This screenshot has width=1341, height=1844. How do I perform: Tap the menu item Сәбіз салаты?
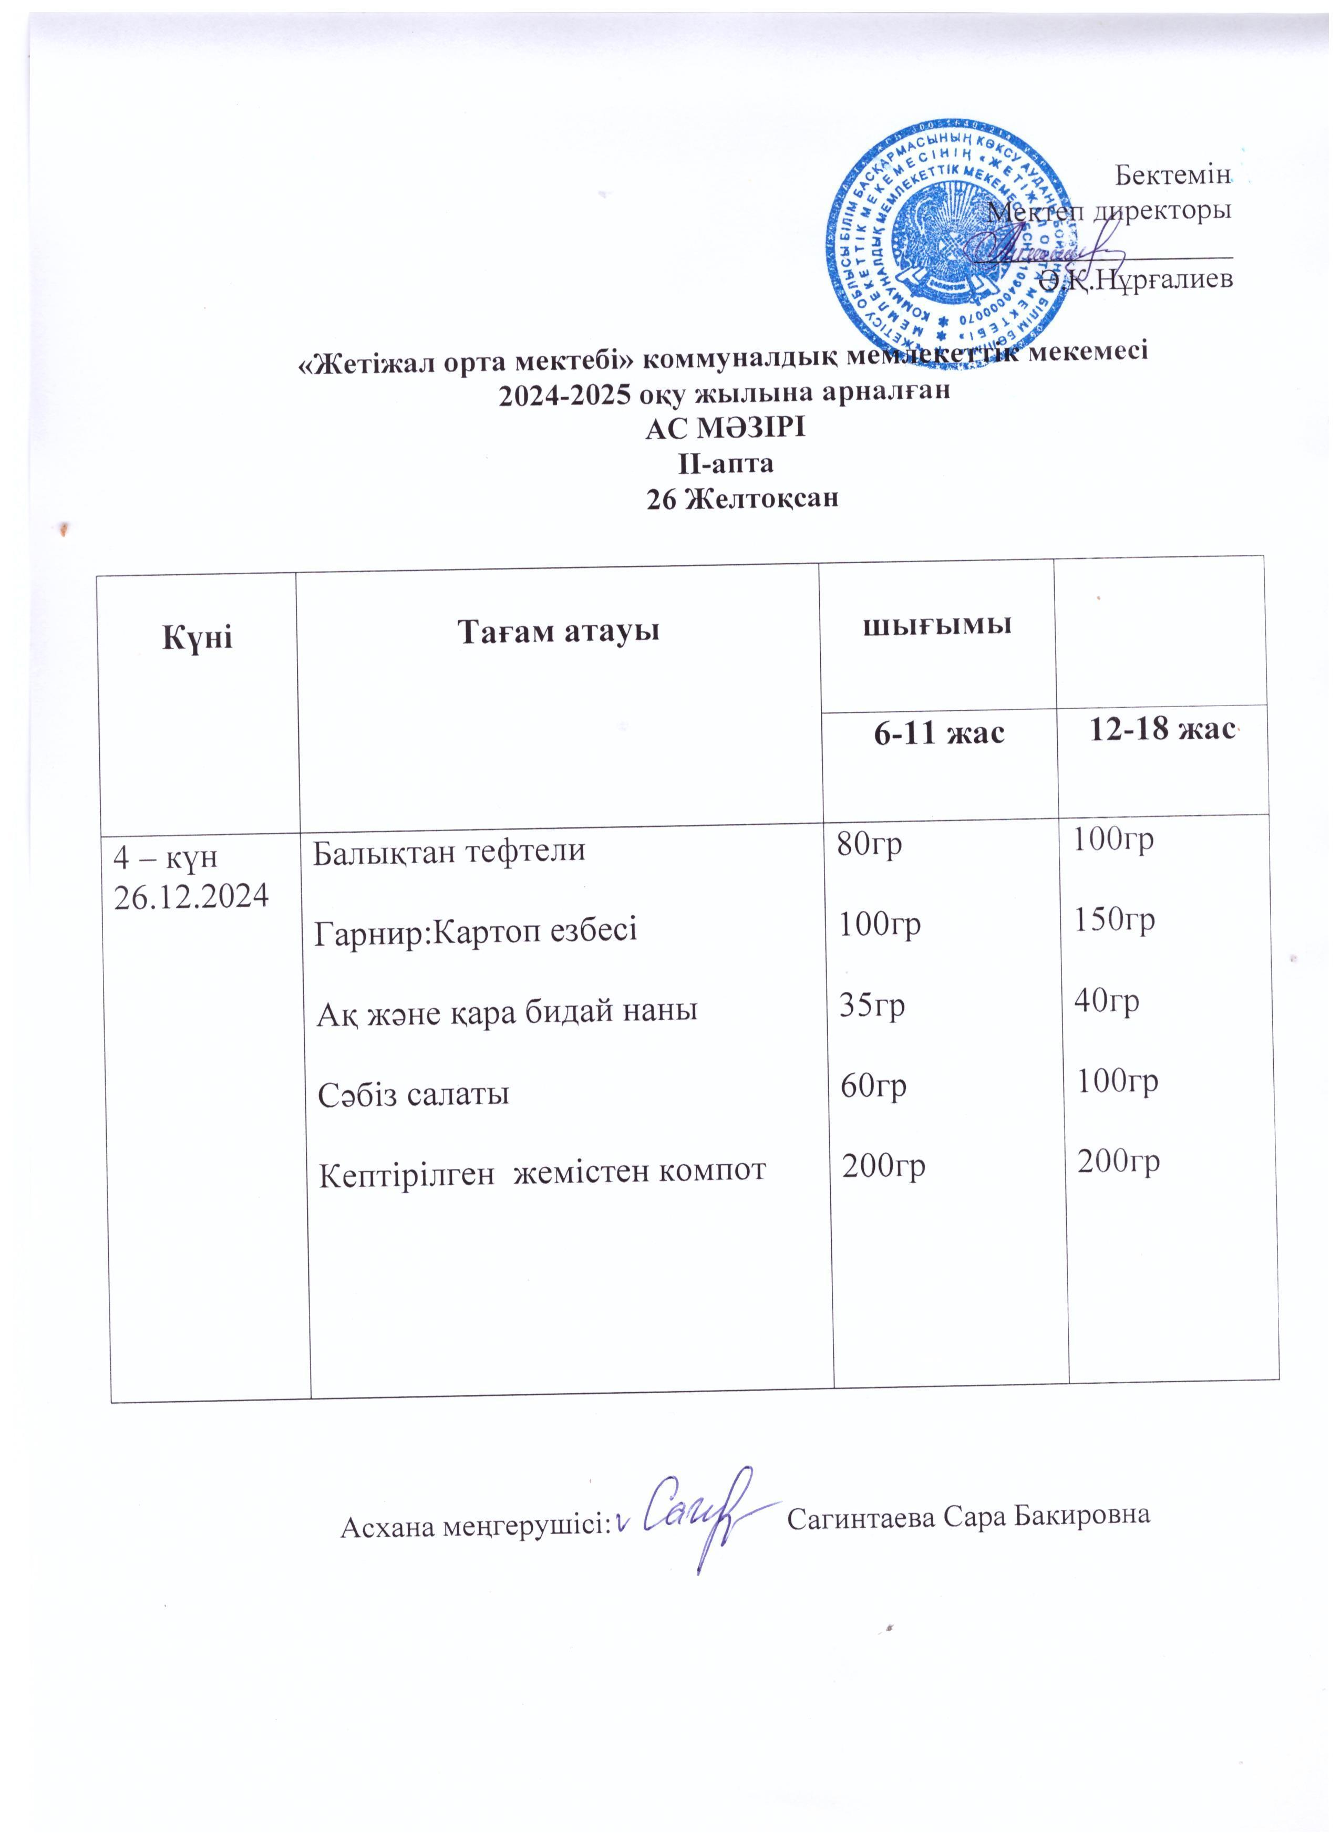tap(414, 1094)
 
